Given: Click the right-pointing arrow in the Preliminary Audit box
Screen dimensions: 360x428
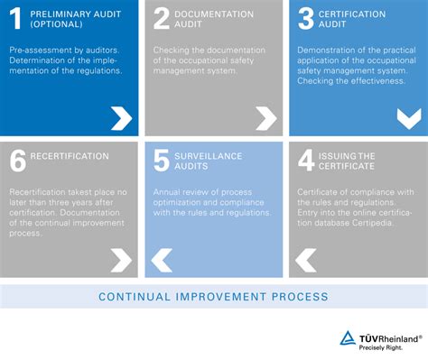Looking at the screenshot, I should pos(120,117).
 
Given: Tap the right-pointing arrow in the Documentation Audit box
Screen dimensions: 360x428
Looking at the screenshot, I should pos(265,117).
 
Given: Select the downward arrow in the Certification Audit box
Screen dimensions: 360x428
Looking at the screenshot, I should pos(408,117).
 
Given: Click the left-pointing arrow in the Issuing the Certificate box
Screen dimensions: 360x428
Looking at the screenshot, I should pos(306,261).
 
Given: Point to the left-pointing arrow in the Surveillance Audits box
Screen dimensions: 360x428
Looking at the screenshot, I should pos(162,261).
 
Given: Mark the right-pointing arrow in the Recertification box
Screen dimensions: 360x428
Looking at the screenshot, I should pos(120,261).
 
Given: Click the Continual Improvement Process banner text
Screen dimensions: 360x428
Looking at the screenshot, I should pos(213,296).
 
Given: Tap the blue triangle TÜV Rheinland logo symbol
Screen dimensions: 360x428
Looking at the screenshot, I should pos(348,338).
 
